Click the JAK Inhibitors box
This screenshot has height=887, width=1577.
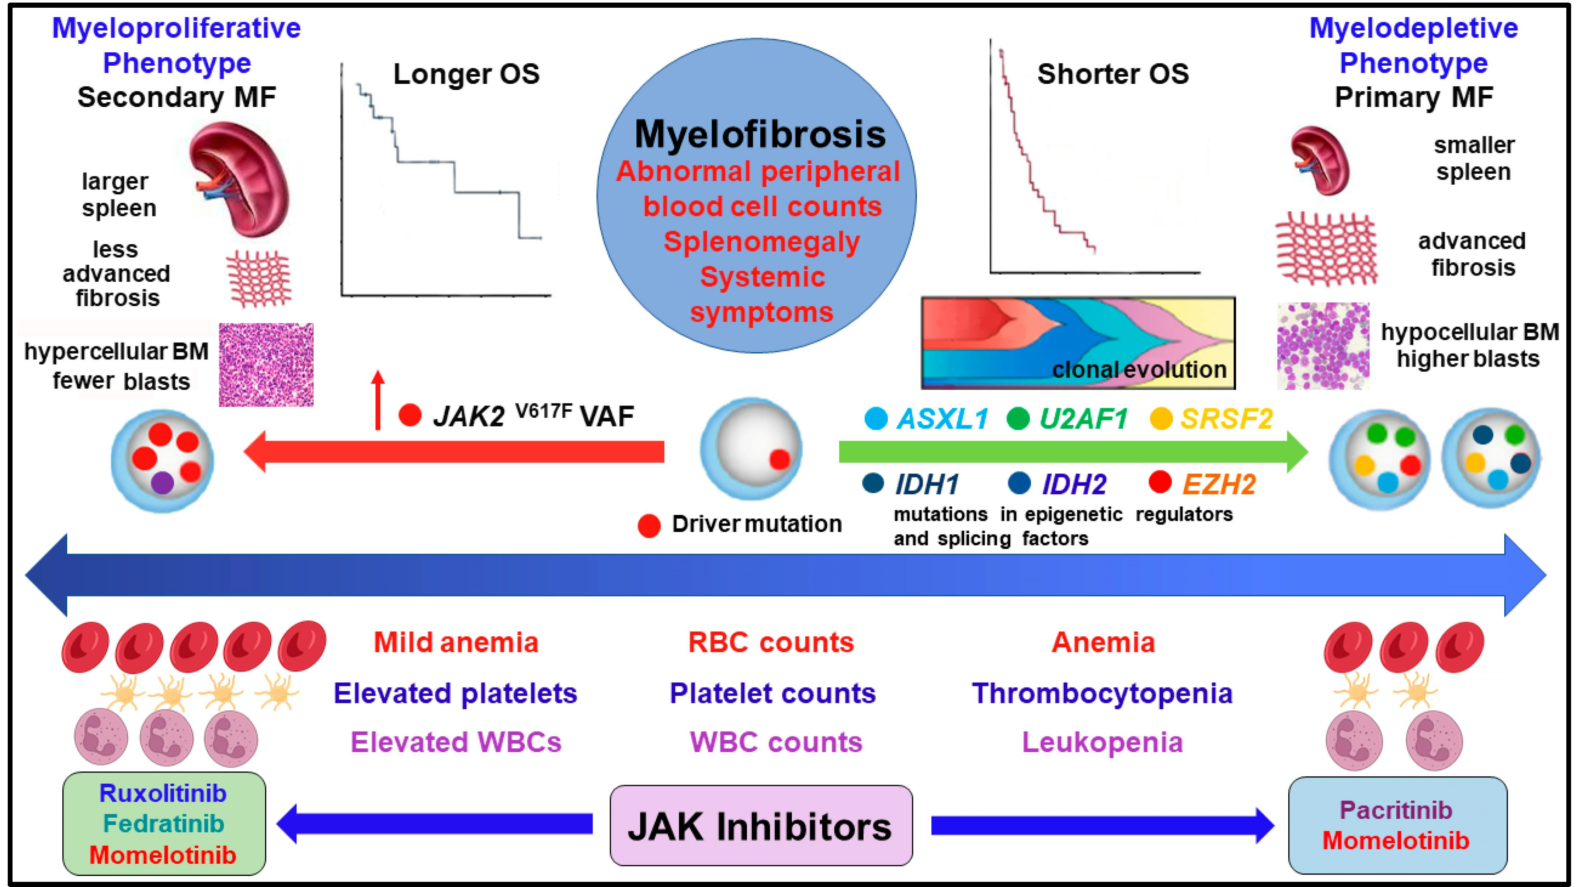(x=761, y=825)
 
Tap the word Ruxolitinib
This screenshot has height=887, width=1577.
(x=163, y=793)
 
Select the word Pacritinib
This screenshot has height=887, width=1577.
(x=1396, y=810)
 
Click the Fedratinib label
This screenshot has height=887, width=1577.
(x=163, y=824)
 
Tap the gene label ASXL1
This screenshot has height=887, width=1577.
(x=943, y=419)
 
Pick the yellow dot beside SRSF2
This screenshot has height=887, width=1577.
(x=1161, y=419)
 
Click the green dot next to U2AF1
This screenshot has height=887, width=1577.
(x=1018, y=419)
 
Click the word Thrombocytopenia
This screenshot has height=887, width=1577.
(x=1102, y=693)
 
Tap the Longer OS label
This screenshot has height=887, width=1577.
(x=466, y=74)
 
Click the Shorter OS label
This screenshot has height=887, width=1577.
(x=1112, y=74)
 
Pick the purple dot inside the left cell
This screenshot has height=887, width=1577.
(x=163, y=482)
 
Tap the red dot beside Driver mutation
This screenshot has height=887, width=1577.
(x=649, y=525)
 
